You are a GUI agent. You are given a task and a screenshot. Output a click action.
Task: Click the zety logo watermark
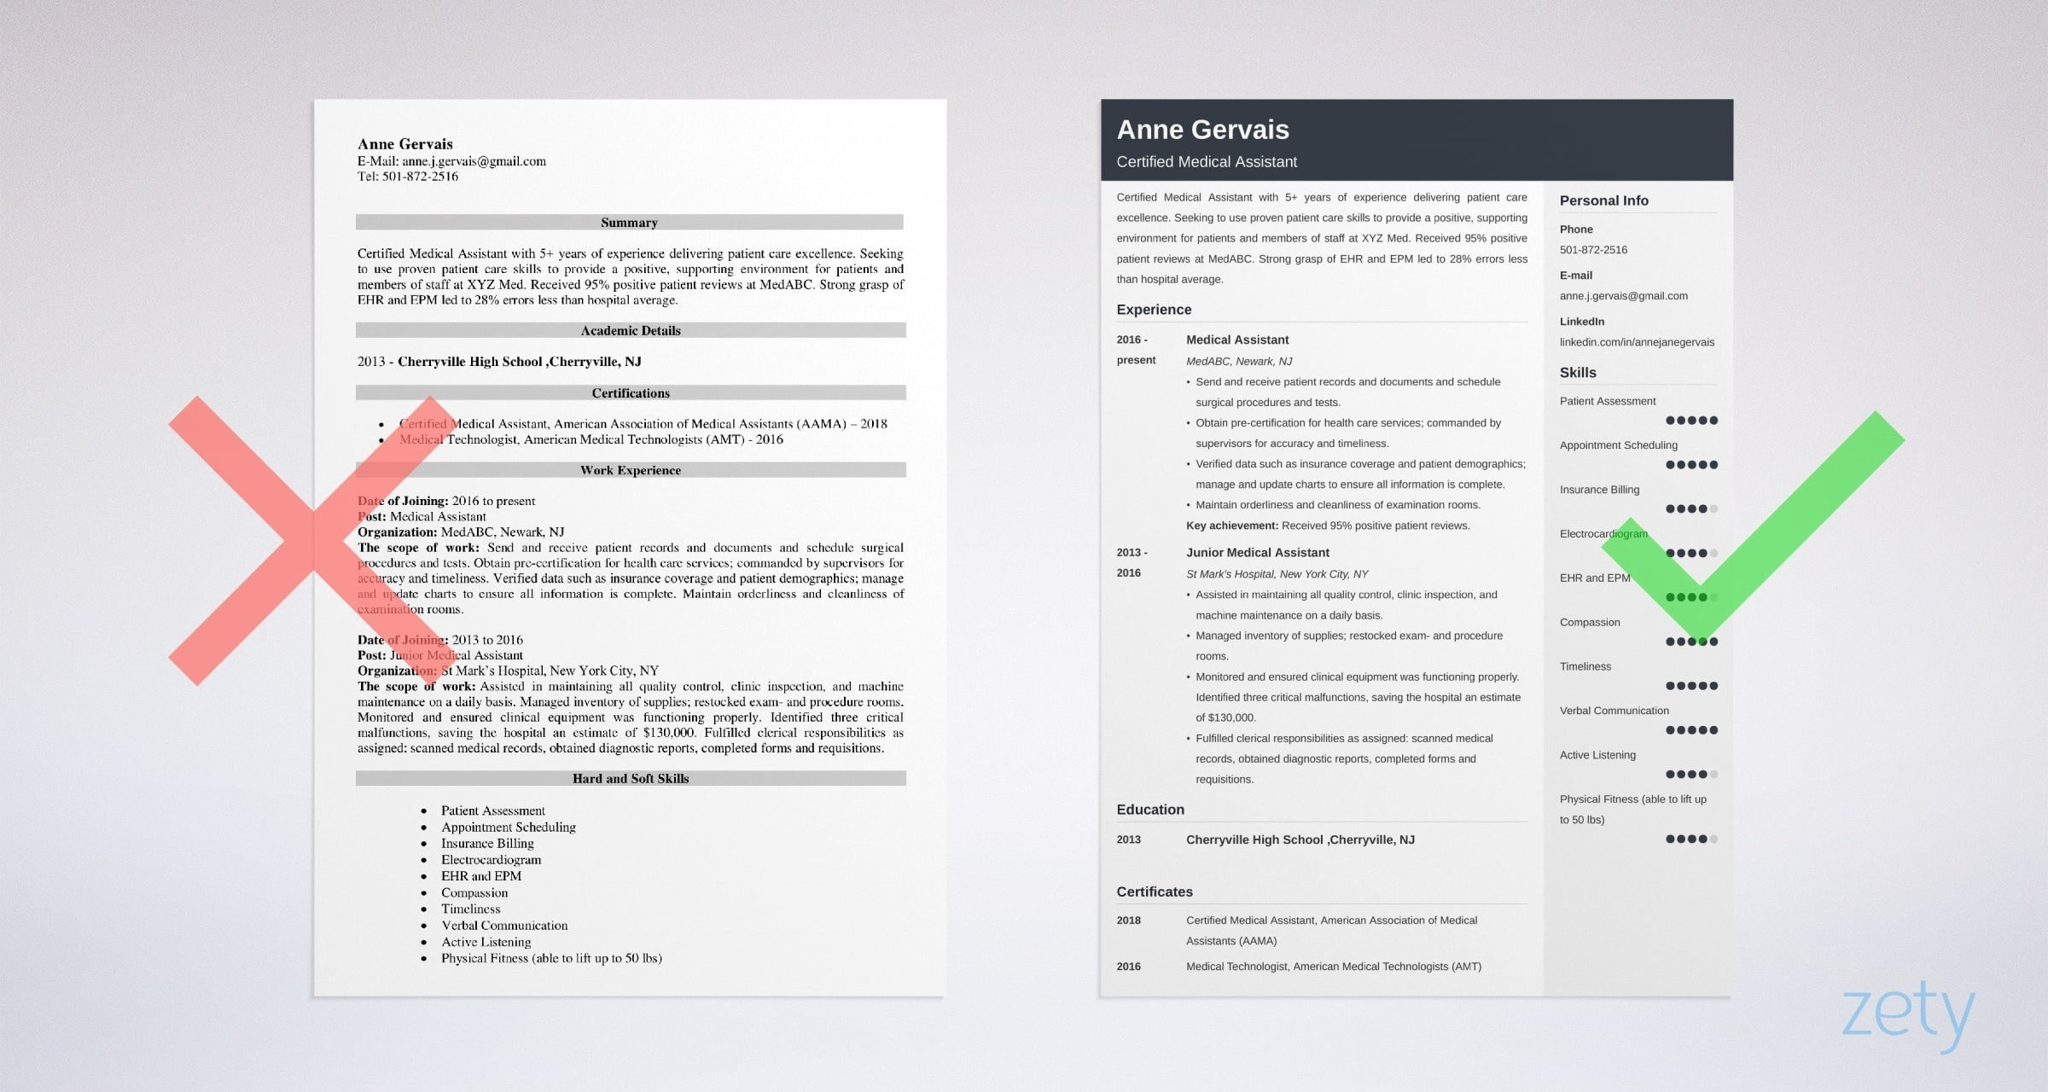point(1908,1014)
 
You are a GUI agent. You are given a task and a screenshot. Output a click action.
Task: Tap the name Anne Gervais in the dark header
point(1202,130)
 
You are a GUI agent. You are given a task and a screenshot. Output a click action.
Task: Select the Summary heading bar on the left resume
point(629,223)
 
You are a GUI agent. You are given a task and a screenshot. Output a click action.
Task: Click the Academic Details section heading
point(631,330)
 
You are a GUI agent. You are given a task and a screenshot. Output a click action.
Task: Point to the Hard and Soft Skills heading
point(631,778)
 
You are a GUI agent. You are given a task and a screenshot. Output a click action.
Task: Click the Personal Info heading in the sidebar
point(1603,200)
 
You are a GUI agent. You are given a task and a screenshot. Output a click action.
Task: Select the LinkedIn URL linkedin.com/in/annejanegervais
point(1636,342)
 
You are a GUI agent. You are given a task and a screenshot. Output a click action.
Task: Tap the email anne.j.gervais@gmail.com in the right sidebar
point(1623,296)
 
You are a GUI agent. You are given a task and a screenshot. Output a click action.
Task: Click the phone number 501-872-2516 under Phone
point(1592,250)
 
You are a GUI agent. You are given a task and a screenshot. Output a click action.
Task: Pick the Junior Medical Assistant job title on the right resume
point(1257,553)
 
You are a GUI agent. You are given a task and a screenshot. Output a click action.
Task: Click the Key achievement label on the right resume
point(1231,526)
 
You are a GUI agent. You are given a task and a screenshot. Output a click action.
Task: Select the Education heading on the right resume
point(1149,810)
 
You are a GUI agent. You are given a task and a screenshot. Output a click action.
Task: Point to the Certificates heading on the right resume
point(1154,892)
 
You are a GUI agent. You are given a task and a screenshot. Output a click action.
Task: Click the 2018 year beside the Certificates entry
point(1128,921)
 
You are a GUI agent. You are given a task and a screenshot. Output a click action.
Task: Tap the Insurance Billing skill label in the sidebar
point(1598,490)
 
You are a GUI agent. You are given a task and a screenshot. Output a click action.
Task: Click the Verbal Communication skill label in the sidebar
point(1614,711)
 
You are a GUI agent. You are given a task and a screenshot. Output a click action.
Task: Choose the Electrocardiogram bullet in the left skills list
point(491,860)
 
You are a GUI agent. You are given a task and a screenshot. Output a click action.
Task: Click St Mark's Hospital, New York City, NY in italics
point(1277,574)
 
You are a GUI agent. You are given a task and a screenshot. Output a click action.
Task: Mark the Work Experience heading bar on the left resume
point(631,470)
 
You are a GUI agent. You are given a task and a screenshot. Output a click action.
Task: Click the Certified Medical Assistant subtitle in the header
point(1206,162)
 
